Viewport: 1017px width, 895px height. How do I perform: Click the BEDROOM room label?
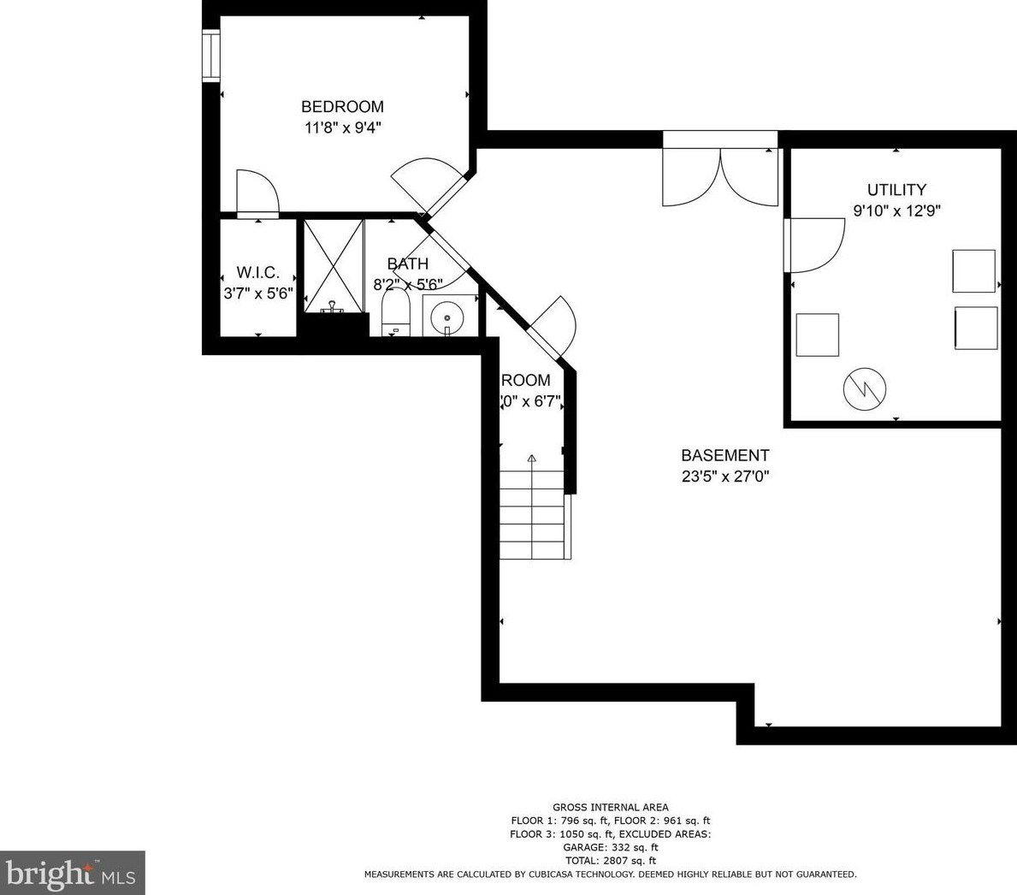point(342,107)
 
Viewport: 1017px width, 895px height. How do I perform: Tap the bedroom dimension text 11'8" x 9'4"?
point(342,128)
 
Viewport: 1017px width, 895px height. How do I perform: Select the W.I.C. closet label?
point(257,272)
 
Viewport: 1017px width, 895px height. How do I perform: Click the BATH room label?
point(407,264)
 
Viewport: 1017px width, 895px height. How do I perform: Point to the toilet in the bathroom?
point(395,311)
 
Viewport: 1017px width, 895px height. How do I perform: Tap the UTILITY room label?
point(896,190)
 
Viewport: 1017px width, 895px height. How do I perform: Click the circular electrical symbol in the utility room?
point(865,389)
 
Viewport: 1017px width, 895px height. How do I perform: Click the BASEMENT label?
point(724,456)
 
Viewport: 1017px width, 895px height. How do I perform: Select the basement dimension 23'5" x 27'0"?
point(725,477)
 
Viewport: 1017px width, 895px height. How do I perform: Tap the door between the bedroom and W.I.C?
point(257,193)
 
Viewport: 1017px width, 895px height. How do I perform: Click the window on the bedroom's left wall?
point(210,56)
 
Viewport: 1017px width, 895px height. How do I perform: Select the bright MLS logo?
point(73,873)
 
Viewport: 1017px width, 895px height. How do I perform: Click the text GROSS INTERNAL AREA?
point(610,807)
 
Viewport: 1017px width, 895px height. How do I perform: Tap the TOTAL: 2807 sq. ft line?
point(610,861)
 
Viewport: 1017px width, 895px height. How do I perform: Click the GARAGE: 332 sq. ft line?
point(610,847)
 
